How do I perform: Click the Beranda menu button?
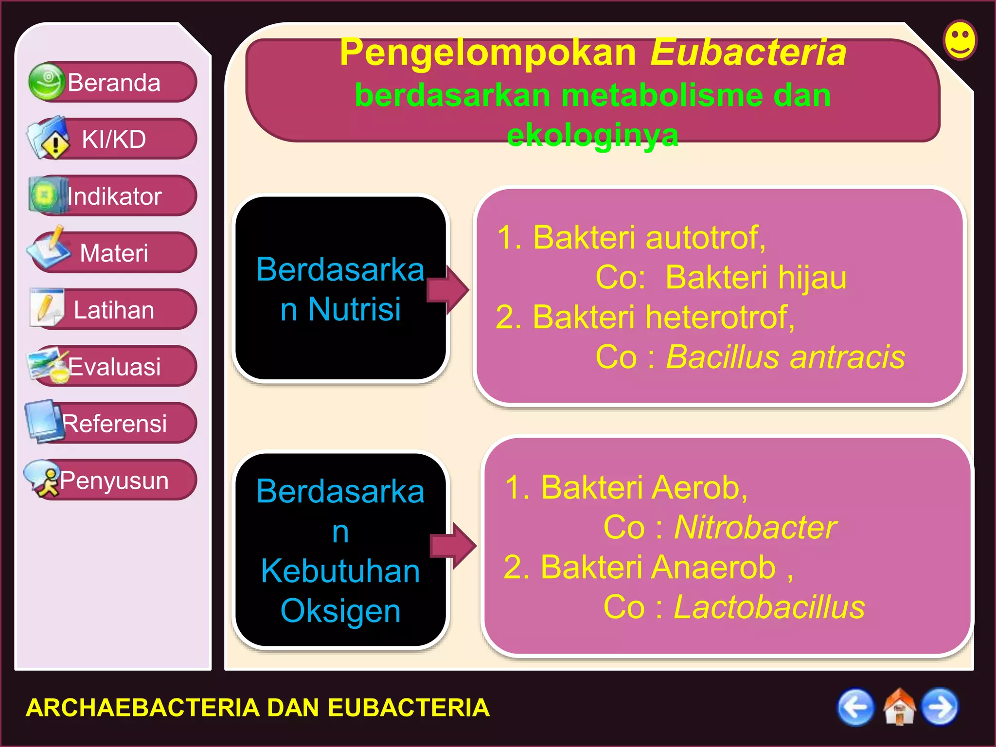[113, 82]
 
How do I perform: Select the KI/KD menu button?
[113, 139]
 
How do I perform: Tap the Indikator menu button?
[113, 196]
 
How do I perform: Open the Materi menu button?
[113, 253]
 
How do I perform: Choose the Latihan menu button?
[113, 310]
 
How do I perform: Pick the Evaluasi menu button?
[113, 367]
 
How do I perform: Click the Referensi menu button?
[113, 424]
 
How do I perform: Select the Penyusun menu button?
[113, 480]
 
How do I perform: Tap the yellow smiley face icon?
[960, 40]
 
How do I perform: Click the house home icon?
[899, 708]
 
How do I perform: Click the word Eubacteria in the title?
[748, 52]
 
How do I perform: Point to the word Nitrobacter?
[755, 528]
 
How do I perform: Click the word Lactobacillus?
[769, 607]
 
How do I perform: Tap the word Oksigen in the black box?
[340, 611]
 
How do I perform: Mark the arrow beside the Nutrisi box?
[447, 290]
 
